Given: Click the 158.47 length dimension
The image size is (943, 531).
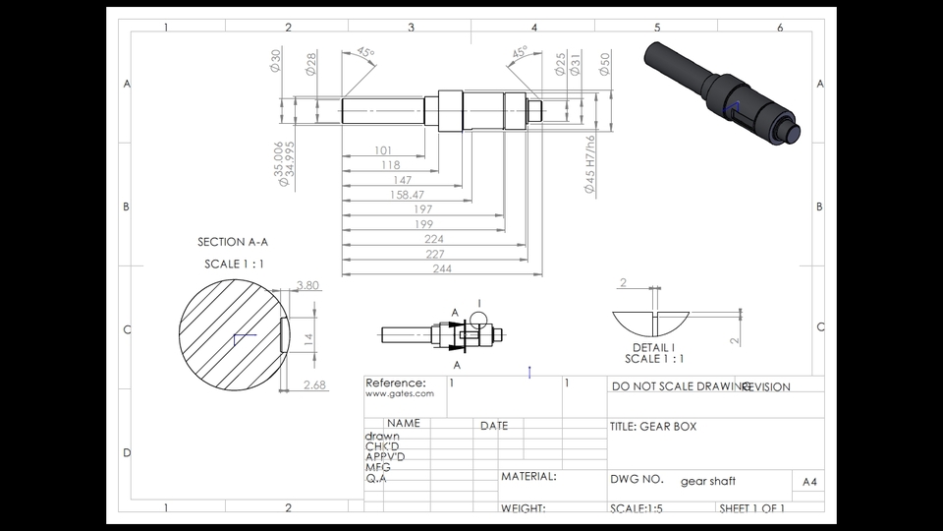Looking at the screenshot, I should point(407,195).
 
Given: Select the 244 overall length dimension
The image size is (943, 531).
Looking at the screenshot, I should point(442,268).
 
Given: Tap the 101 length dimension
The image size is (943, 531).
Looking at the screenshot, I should point(383,150).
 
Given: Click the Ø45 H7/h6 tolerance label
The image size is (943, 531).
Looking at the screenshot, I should point(590,163).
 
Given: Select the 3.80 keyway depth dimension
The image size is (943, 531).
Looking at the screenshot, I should point(307,286).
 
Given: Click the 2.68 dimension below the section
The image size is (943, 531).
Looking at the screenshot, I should point(314,384).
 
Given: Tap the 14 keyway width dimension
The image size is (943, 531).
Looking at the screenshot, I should point(307,339).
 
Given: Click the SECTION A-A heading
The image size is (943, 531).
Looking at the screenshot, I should point(233,242).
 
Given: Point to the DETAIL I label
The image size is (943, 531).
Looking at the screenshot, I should point(653,347).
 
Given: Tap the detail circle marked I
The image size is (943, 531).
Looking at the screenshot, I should point(478,319).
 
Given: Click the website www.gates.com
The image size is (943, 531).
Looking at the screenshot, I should point(399,393).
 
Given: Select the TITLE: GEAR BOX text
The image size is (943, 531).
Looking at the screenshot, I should point(652,427).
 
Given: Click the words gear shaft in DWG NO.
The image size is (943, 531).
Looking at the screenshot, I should point(707,481).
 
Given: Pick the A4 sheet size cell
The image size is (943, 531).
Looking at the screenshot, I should point(808,482).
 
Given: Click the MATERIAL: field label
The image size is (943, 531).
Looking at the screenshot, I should point(528,476).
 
